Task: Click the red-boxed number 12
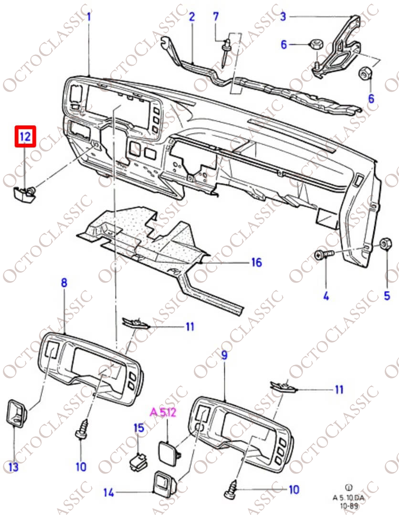pos(25,137)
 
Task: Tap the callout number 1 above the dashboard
pos(89,17)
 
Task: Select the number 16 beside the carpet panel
pos(256,262)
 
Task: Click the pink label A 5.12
pos(163,412)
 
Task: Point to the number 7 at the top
pos(216,17)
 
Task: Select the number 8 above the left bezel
pos(64,283)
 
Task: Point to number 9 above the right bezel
pos(224,356)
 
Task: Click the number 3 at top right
pos(283,17)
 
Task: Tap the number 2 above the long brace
pos(192,17)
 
